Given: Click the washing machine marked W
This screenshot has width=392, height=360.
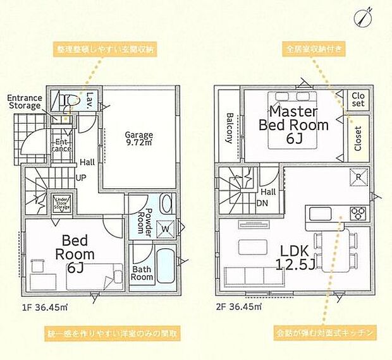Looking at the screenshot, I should point(166,227).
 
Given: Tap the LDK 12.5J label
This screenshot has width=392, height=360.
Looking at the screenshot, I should point(294,256).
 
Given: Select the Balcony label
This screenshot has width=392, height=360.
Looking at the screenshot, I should point(230,129).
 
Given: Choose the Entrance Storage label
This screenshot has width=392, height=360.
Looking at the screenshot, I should point(25,103).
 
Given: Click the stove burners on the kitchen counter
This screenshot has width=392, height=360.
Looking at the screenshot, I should point(358,212).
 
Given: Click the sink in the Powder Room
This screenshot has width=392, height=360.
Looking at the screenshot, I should point(167,204).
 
